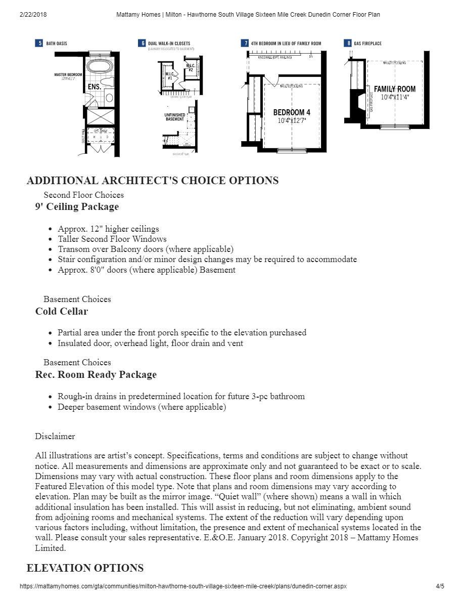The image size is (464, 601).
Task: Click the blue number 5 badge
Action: point(39,44)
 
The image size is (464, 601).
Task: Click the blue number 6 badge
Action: point(143,44)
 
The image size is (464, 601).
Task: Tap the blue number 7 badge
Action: point(245,44)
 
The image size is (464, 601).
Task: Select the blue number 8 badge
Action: point(348,44)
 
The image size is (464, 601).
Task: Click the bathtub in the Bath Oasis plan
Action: point(97,66)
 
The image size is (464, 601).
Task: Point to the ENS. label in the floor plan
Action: point(95,87)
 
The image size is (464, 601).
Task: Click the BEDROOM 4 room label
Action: point(292,112)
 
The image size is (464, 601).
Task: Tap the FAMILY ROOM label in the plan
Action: point(395,89)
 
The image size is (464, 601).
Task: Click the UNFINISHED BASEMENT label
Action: point(175,117)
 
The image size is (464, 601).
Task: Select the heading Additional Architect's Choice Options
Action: point(152,181)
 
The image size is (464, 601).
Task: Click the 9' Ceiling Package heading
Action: point(77,206)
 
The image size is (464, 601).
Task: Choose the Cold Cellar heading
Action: point(61,311)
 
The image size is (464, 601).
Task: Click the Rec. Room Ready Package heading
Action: point(96,374)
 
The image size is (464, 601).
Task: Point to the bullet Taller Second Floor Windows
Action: point(112,239)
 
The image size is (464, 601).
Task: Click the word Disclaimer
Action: point(55,436)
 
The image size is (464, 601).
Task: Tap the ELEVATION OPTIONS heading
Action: point(85,568)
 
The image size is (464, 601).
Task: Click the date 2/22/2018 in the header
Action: point(33,15)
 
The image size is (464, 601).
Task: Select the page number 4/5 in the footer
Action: point(440,586)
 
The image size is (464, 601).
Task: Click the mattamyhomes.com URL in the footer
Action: point(183,586)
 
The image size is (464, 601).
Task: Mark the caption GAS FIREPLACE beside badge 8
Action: point(368,44)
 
